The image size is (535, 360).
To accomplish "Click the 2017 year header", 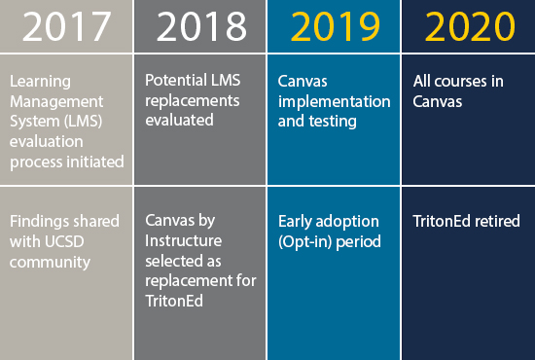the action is tap(66, 26).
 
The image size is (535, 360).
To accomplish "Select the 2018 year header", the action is tap(201, 26).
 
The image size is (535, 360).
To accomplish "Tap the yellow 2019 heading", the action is tap(335, 26).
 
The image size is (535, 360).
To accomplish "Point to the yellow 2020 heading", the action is tap(470, 26).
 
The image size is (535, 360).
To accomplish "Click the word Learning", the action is tap(40, 82).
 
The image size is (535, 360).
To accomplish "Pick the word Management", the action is tap(56, 101).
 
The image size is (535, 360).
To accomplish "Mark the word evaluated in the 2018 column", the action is tap(179, 120).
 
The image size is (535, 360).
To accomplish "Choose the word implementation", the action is tap(334, 102).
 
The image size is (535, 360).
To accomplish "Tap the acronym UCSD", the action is tap(64, 241).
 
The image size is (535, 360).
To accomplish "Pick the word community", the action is tap(50, 263).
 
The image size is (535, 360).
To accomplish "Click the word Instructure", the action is tap(183, 241).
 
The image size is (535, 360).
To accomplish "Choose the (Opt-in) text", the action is tap(305, 242).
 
